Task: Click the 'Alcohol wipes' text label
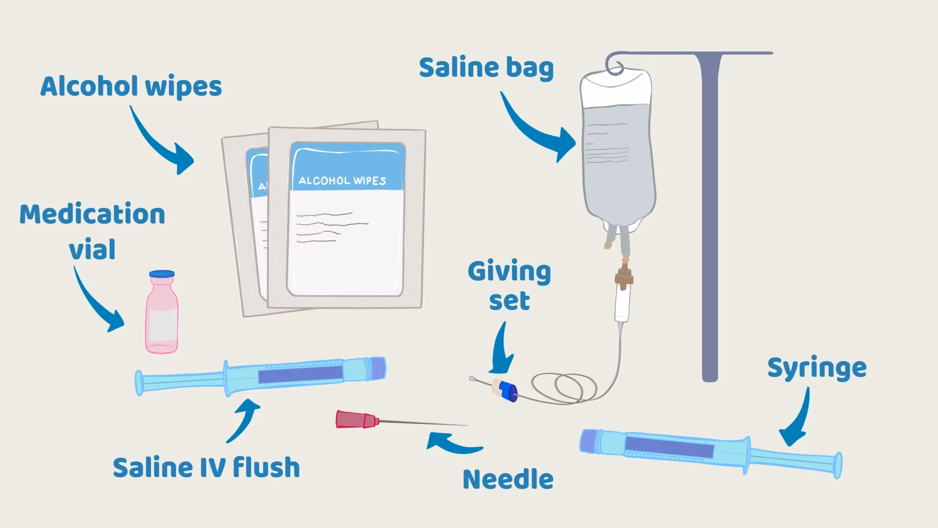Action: (131, 87)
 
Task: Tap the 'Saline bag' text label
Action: (486, 67)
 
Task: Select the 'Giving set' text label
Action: (509, 286)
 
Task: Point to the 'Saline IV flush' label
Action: (206, 467)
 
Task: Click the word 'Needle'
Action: (508, 479)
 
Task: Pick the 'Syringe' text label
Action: (817, 368)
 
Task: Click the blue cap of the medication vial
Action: (162, 274)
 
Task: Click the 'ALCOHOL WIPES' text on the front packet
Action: (342, 180)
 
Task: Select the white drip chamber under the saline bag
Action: (622, 306)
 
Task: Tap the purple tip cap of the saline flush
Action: (378, 368)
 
